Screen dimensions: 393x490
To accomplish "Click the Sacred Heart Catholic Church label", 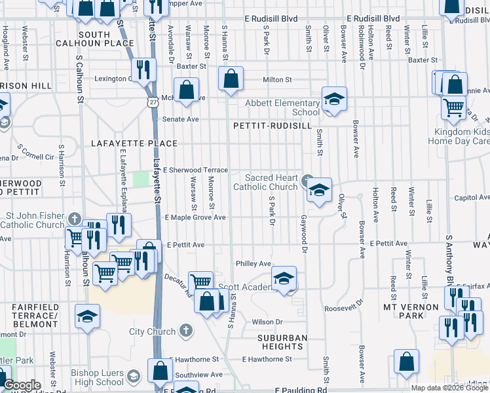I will [272, 182].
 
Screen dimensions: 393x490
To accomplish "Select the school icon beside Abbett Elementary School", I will [334, 100].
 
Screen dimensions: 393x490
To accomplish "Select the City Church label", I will [152, 331].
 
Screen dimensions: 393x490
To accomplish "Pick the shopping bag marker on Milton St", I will [231, 79].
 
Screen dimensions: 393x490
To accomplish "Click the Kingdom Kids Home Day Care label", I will [459, 136].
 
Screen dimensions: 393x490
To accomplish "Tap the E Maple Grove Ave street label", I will [195, 217].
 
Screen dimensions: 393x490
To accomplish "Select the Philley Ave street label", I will [254, 263].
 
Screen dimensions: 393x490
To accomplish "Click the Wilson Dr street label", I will [267, 322].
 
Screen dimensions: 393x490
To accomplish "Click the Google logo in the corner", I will [22, 385].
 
